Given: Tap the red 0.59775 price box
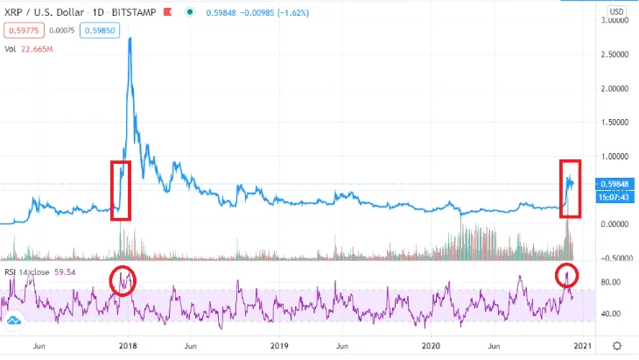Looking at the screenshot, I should tap(21, 30).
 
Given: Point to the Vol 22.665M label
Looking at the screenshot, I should tap(30, 48).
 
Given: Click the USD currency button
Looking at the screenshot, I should tap(616, 11).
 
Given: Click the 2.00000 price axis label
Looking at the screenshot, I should tap(614, 88).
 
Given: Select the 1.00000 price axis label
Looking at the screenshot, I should tap(614, 156).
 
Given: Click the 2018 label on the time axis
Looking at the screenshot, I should tap(129, 346).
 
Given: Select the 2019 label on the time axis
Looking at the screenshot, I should tap(278, 346).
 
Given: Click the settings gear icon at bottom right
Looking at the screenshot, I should tap(618, 346).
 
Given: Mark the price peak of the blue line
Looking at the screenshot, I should tap(130, 39).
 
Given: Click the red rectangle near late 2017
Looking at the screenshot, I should tap(120, 190).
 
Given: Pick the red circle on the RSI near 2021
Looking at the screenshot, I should tap(568, 275).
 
